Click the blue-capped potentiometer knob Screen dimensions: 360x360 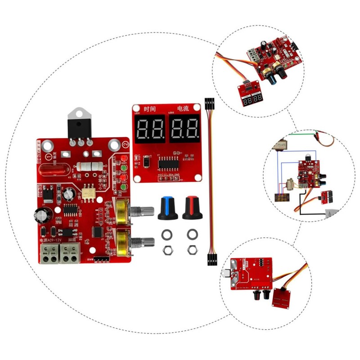click(x=167, y=208)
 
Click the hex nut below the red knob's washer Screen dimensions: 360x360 click(x=192, y=248)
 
